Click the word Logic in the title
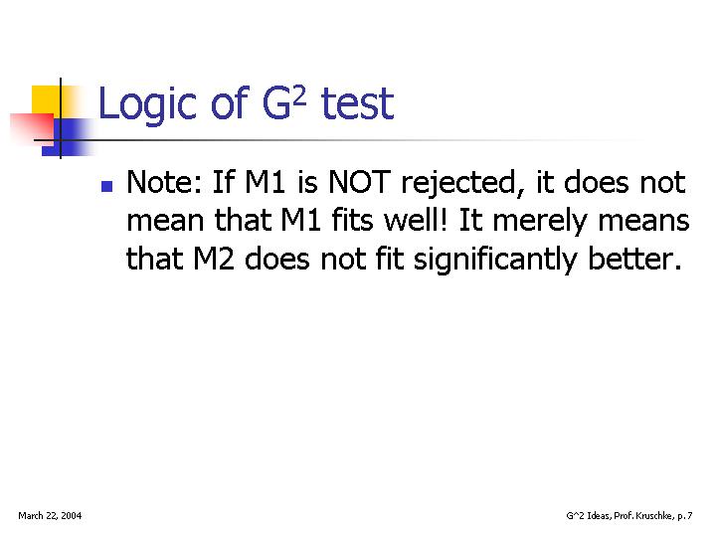click(147, 105)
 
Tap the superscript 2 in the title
click(298, 96)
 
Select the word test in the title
click(357, 104)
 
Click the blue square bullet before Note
click(106, 186)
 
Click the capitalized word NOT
click(359, 182)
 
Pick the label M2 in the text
click(214, 259)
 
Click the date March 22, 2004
click(50, 516)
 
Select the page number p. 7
click(685, 516)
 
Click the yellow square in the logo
click(46, 100)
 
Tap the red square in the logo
click(32, 129)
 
